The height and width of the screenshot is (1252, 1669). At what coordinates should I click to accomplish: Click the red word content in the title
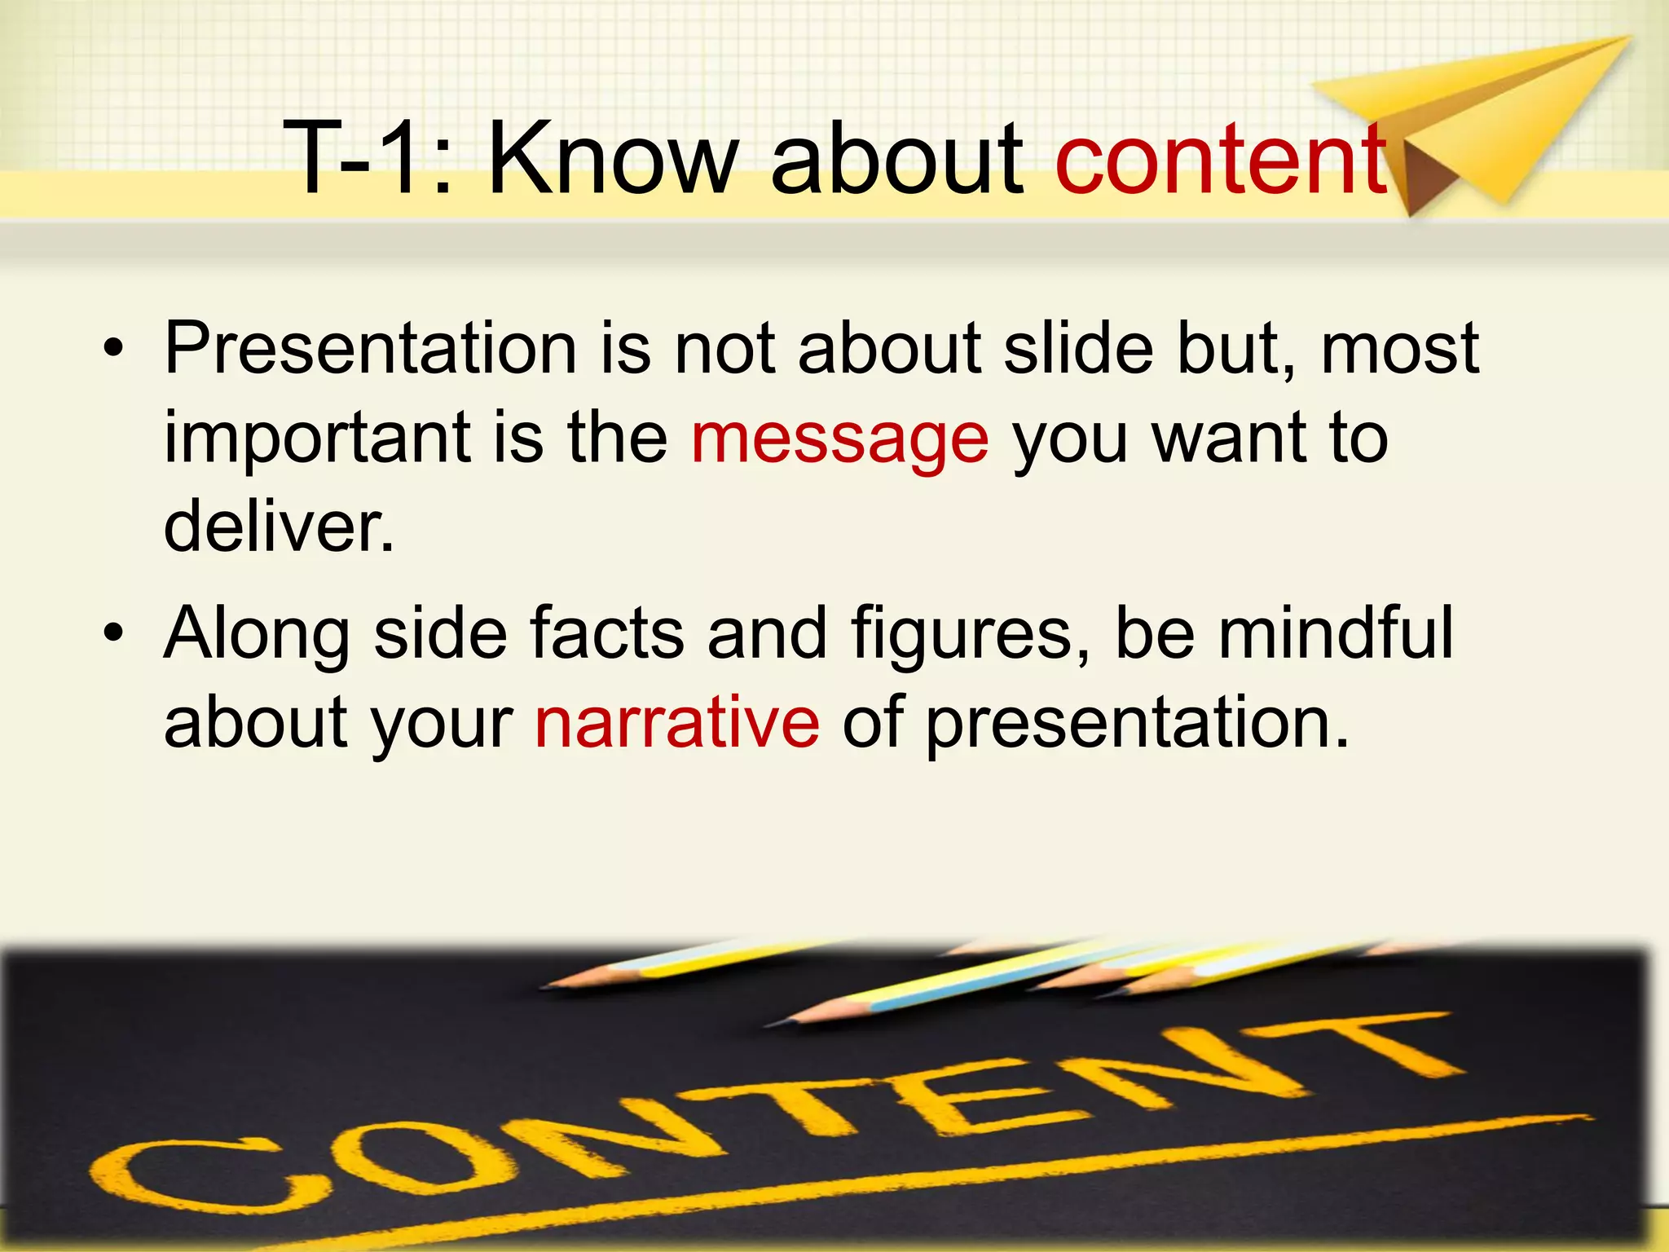point(1221,159)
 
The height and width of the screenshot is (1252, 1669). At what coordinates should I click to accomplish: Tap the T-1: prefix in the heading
point(367,159)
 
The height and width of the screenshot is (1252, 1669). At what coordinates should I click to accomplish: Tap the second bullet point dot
point(113,633)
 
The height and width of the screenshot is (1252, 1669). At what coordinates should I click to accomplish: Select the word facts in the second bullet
point(607,633)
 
